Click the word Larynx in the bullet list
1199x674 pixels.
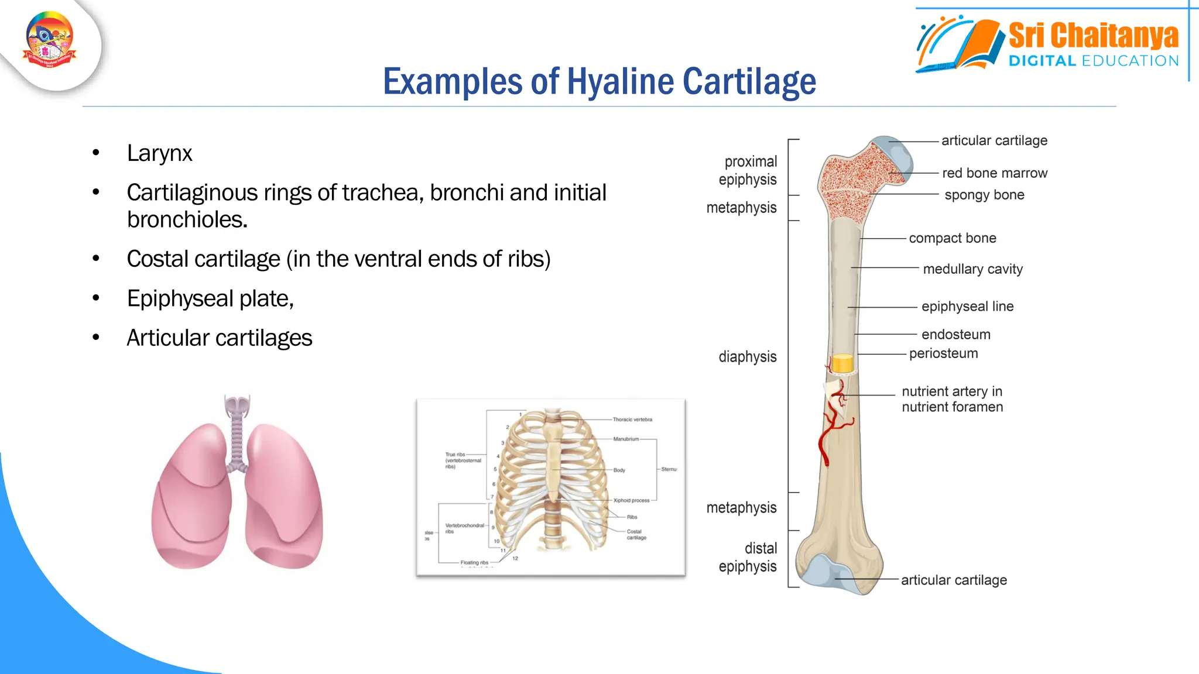tap(159, 153)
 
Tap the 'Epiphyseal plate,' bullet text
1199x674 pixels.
tap(210, 298)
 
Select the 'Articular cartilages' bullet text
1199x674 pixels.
tap(219, 338)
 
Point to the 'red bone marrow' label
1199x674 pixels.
tap(994, 173)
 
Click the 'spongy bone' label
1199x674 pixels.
tap(984, 195)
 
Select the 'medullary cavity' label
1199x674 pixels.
tap(972, 269)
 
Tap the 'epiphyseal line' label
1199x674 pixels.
tap(967, 307)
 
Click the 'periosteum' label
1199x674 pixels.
tap(943, 353)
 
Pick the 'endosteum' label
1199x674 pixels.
tap(955, 335)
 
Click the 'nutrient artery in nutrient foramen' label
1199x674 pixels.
tap(952, 399)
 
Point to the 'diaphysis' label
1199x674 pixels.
tap(747, 357)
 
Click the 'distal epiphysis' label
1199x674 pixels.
tap(748, 557)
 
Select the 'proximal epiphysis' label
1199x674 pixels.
tap(748, 170)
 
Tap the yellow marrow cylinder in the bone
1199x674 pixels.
tap(842, 363)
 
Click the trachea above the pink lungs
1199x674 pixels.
tap(237, 433)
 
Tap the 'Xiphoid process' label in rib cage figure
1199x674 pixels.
tap(631, 500)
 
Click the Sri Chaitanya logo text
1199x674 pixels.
tap(1093, 36)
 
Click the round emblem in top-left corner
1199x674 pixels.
tap(50, 40)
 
